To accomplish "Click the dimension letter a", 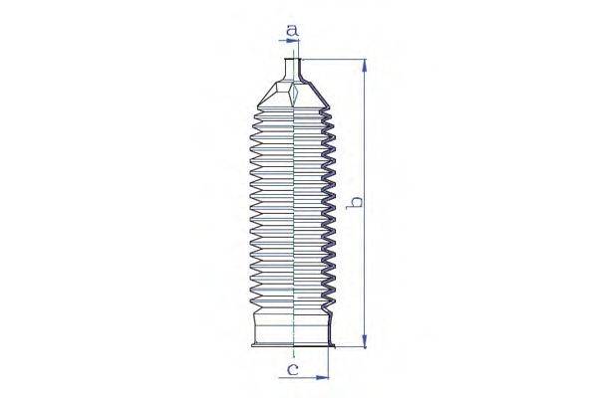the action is click(292, 30).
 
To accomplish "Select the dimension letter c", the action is click(292, 369).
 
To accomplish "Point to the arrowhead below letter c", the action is click(322, 377).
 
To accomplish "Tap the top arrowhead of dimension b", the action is click(365, 66).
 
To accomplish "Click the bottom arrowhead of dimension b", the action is click(365, 340).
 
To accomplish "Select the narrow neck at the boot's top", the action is click(293, 70).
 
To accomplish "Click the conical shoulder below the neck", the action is click(293, 96).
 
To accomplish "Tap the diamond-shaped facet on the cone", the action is click(293, 96).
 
